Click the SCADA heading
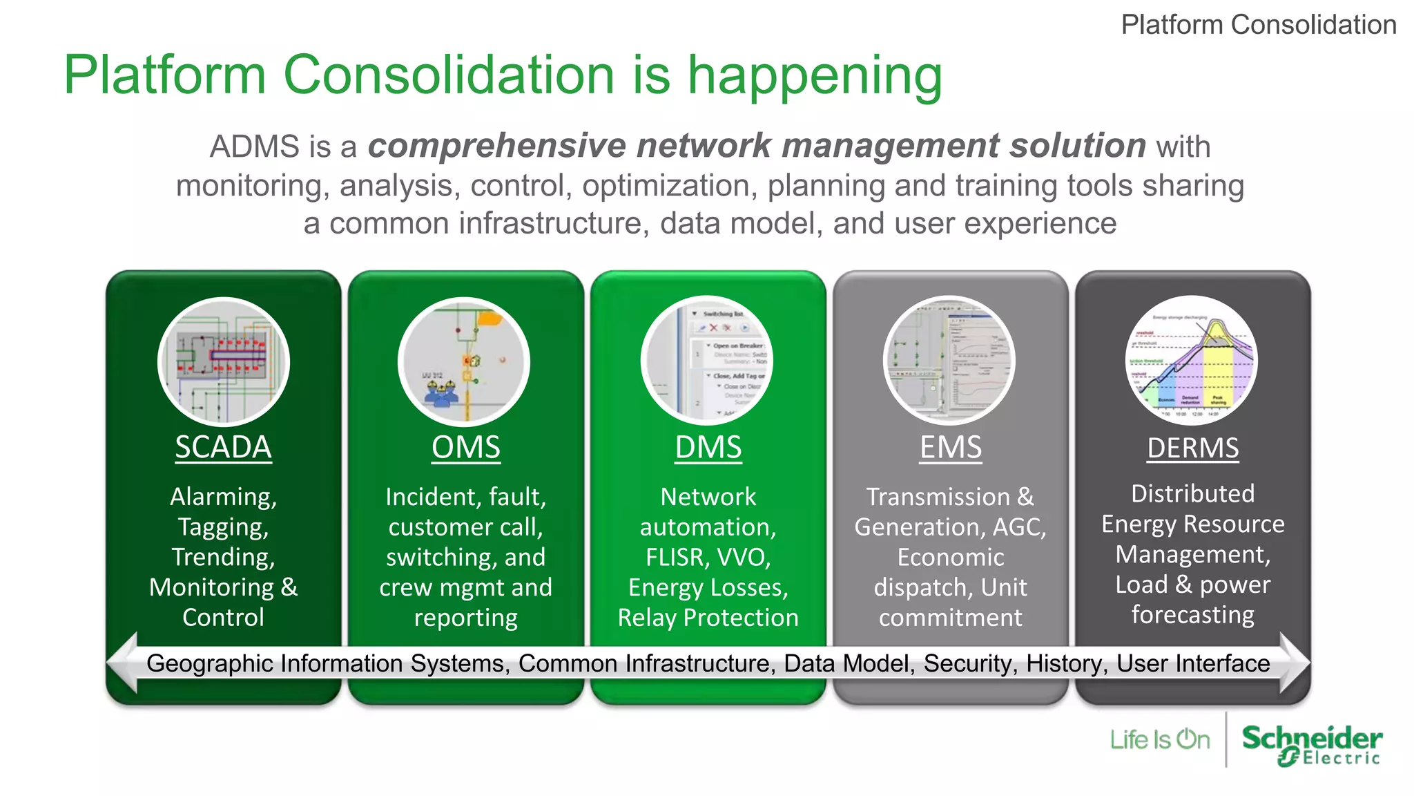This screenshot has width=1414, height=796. (x=223, y=447)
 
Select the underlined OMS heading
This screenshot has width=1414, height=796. (x=465, y=447)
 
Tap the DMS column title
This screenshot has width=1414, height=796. (x=708, y=447)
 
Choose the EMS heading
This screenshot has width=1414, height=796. (x=950, y=447)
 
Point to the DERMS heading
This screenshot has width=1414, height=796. (x=1192, y=448)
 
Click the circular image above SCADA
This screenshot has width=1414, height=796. (x=223, y=361)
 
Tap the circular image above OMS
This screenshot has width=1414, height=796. (x=464, y=361)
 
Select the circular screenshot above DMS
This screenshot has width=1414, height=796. (x=707, y=361)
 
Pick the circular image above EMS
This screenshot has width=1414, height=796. (x=949, y=361)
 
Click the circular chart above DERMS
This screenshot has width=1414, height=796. (x=1192, y=361)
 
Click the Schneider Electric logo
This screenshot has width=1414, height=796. (x=1311, y=744)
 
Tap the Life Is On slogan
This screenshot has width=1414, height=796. (x=1159, y=740)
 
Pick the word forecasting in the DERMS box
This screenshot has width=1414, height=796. (x=1192, y=615)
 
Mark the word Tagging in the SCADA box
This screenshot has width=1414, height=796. (x=223, y=527)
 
